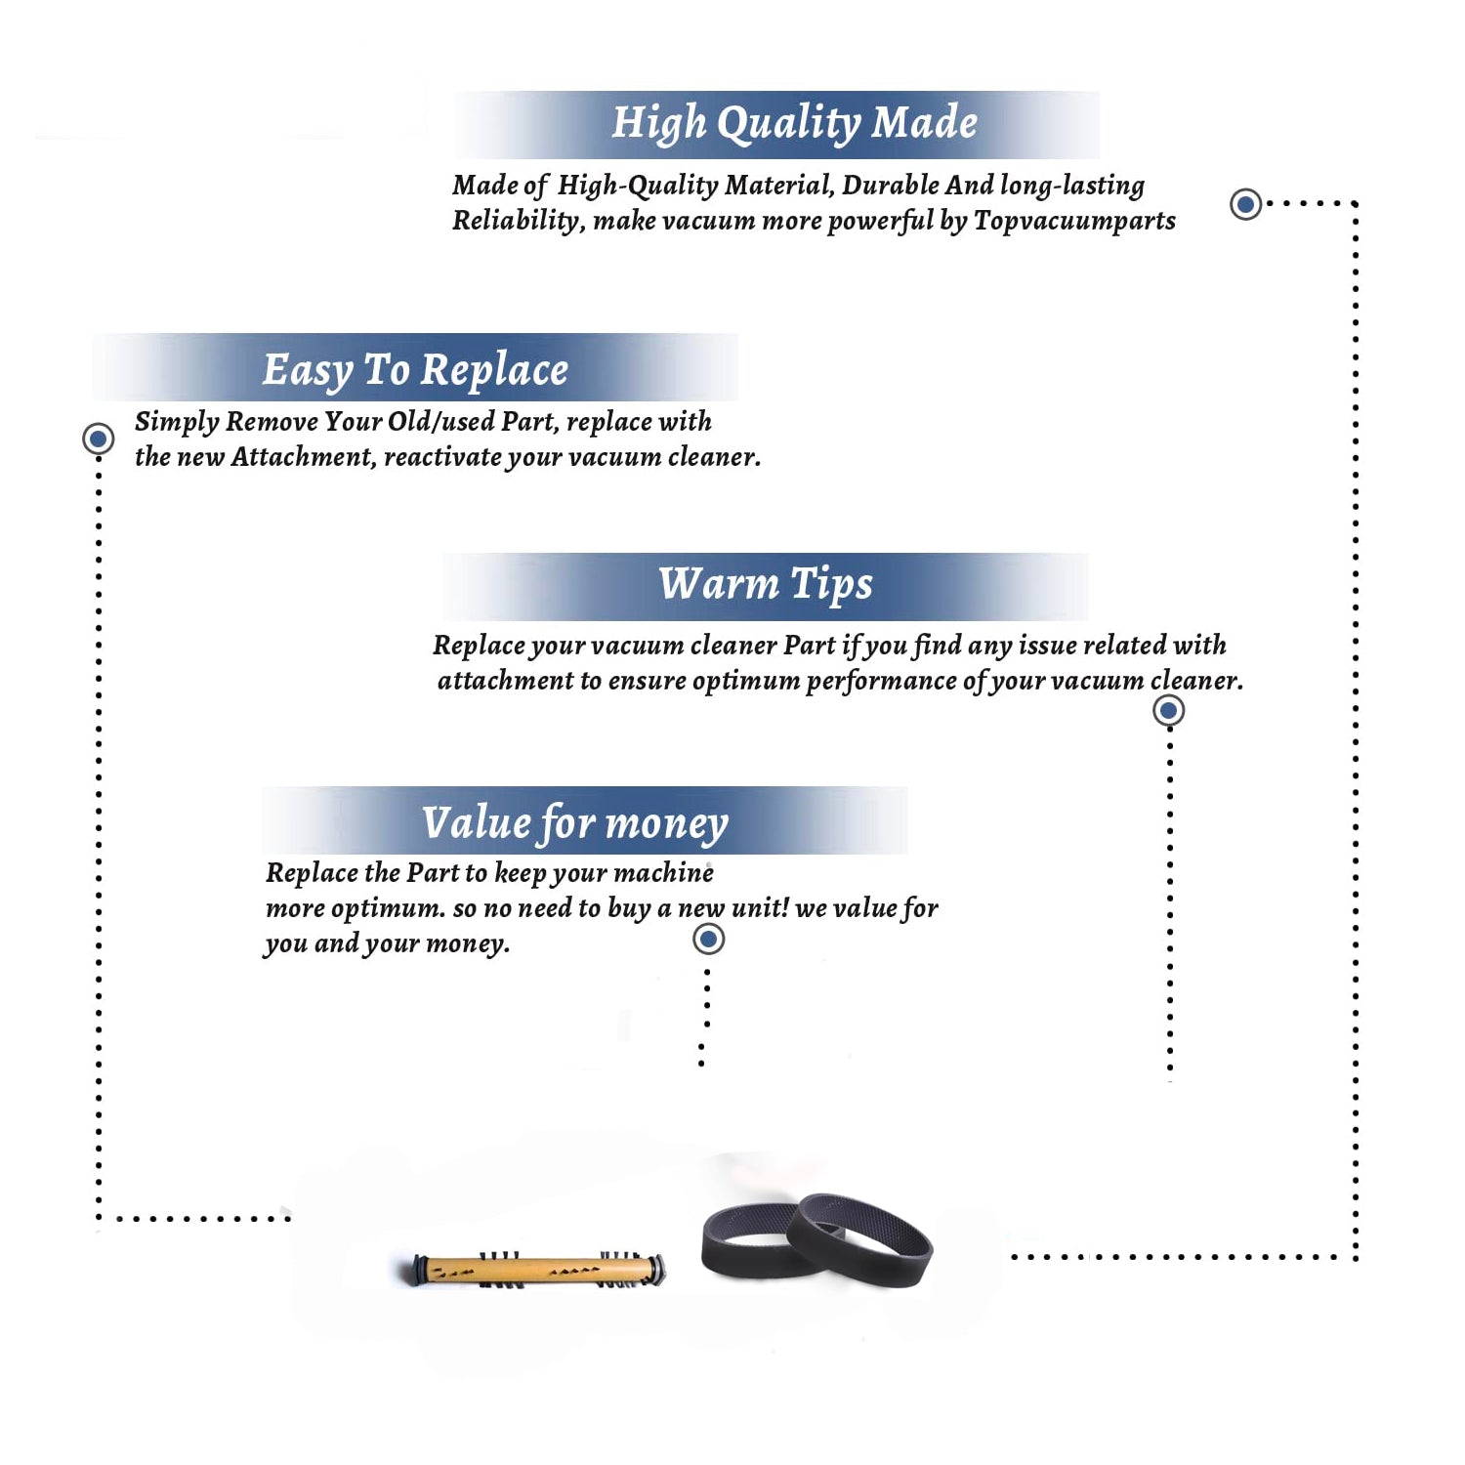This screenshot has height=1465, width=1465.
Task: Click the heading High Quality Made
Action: click(794, 123)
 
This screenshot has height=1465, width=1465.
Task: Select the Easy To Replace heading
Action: click(415, 370)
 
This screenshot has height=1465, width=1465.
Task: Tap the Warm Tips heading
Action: click(766, 585)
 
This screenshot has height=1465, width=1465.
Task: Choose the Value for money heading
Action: click(575, 823)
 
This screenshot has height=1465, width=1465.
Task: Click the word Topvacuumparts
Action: click(1074, 222)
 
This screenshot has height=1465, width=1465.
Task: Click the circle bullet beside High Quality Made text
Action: click(1245, 204)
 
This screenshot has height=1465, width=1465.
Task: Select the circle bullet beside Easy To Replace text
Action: click(98, 439)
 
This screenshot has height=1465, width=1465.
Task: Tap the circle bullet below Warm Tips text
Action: click(1169, 710)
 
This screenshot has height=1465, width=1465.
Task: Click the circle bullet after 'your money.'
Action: click(708, 940)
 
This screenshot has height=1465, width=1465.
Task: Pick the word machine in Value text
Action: click(664, 872)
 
